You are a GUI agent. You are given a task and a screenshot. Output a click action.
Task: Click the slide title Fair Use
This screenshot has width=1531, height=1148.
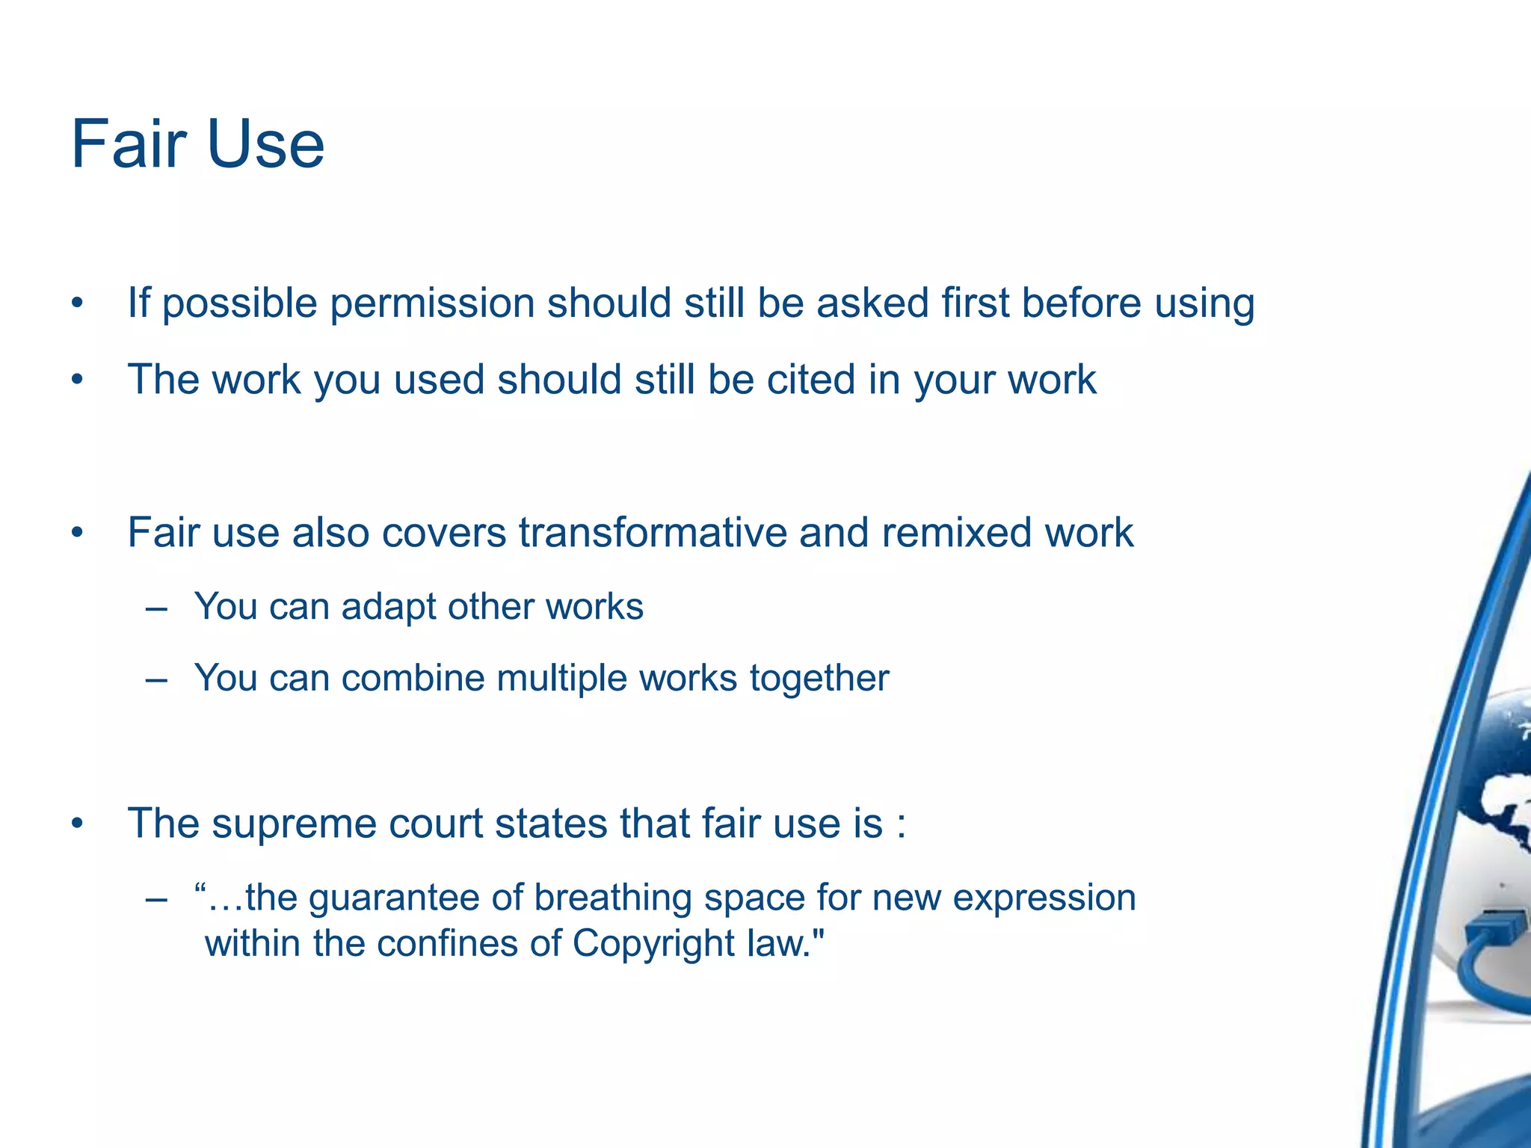click(197, 144)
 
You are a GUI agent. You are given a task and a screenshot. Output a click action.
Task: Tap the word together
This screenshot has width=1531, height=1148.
click(819, 679)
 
